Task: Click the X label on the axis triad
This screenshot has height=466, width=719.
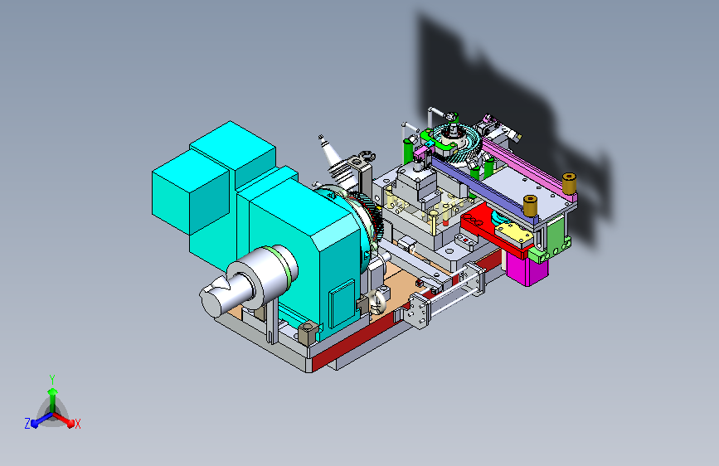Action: coord(77,424)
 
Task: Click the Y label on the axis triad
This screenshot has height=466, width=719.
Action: coord(52,379)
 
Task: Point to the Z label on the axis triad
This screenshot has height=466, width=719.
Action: coord(27,424)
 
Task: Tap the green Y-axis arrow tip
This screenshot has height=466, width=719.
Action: coord(52,391)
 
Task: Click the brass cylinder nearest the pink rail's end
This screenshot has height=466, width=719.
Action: coord(569,183)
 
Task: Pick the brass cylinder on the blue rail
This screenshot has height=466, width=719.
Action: coord(530,206)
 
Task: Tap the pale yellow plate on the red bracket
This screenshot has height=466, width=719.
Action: coord(514,233)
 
